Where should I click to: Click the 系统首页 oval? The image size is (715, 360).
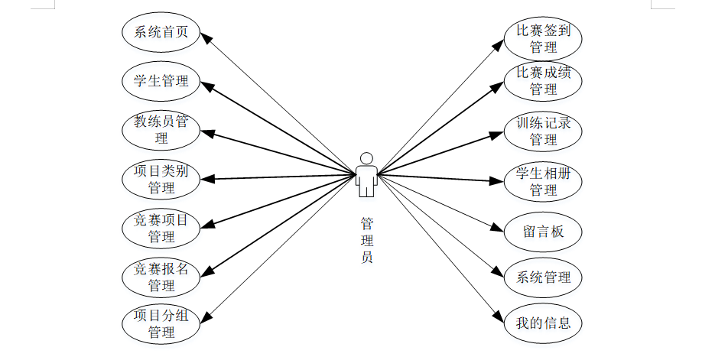pyautogui.click(x=161, y=32)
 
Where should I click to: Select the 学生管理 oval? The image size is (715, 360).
pyautogui.click(x=161, y=80)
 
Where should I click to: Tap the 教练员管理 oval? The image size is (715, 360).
pyautogui.click(x=161, y=129)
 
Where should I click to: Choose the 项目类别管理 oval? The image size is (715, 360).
pyautogui.click(x=161, y=179)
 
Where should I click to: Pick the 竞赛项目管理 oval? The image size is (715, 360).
pyautogui.click(x=161, y=228)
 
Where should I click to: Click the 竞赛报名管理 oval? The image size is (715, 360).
pyautogui.click(x=161, y=277)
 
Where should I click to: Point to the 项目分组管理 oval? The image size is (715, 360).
pyautogui.click(x=161, y=323)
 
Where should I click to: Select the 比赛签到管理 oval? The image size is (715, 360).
pyautogui.click(x=543, y=38)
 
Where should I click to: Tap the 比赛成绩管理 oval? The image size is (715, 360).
pyautogui.click(x=543, y=80)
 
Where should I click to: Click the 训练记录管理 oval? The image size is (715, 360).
pyautogui.click(x=543, y=131)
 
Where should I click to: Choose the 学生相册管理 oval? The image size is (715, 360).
pyautogui.click(x=543, y=180)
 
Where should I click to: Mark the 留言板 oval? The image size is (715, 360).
pyautogui.click(x=543, y=231)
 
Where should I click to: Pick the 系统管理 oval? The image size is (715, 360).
pyautogui.click(x=543, y=277)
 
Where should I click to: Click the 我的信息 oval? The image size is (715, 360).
pyautogui.click(x=543, y=323)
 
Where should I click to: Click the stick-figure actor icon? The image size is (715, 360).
pyautogui.click(x=367, y=174)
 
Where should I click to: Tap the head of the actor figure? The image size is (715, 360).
pyautogui.click(x=367, y=157)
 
